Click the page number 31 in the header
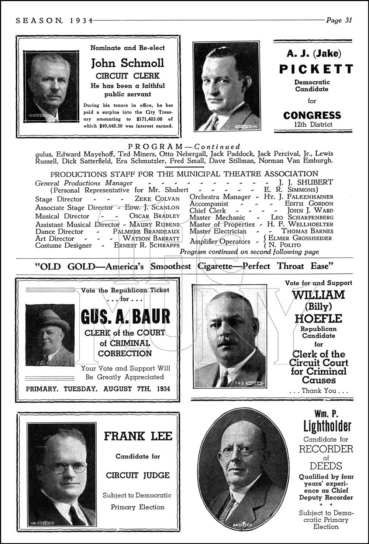(348, 20)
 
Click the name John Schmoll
(127, 63)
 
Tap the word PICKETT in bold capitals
(316, 69)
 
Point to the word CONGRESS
(312, 116)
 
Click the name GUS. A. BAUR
(125, 317)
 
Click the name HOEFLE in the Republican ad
(318, 319)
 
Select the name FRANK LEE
(138, 436)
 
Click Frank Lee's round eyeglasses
(63, 468)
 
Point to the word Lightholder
(327, 427)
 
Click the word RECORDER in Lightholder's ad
(326, 449)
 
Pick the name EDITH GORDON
(309, 204)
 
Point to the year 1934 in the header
(80, 21)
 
